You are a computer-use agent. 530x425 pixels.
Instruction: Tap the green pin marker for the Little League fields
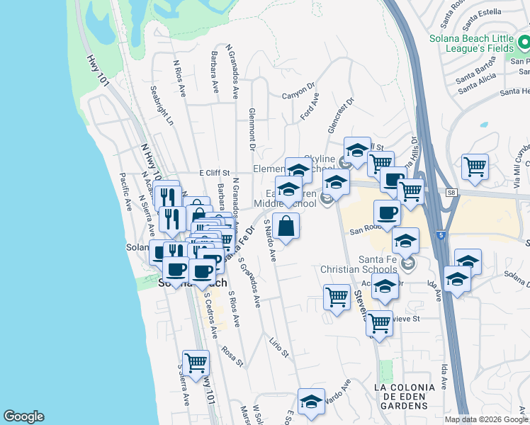(525, 44)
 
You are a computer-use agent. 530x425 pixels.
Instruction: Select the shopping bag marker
(286, 227)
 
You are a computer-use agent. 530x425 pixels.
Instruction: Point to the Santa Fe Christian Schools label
(359, 264)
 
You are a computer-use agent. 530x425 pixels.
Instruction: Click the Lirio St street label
(279, 346)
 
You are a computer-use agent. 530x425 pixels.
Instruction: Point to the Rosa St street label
(232, 355)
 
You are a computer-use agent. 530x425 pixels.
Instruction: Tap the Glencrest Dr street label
(339, 115)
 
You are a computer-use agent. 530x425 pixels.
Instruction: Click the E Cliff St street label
(215, 172)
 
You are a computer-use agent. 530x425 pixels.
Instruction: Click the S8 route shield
(451, 192)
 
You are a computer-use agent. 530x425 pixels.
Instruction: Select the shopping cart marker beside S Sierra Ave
(196, 363)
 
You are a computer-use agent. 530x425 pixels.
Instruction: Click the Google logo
(23, 416)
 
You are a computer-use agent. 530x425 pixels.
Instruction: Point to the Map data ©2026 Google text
(485, 419)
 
